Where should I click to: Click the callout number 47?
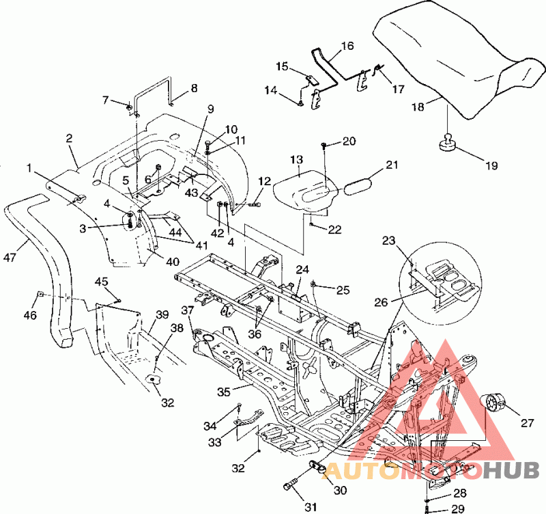[x=10, y=258]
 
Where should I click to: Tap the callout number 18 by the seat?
[x=418, y=107]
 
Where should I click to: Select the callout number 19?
[x=491, y=165]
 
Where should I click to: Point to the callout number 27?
[x=527, y=423]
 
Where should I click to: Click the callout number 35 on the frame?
[x=224, y=392]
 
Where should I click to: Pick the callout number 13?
[x=297, y=160]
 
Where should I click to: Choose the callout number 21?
[x=392, y=164]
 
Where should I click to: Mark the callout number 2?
[x=70, y=138]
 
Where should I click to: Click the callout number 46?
[x=30, y=315]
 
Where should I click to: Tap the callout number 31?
[x=311, y=506]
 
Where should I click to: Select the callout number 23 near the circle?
[x=389, y=241]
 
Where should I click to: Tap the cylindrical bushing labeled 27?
[x=494, y=403]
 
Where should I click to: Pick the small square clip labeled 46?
[x=40, y=294]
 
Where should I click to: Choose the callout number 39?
[x=162, y=314]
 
